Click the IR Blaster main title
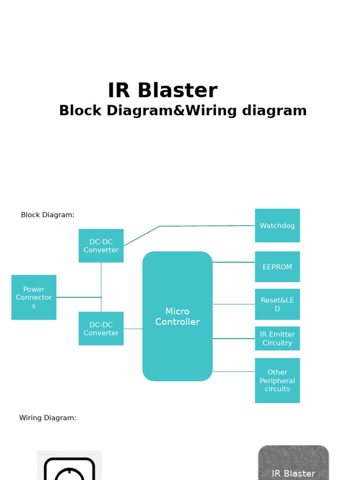[x=162, y=90]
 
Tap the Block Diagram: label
[x=47, y=215]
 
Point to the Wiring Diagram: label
[x=47, y=418]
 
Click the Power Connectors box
[x=34, y=297]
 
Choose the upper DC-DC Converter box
[x=101, y=246]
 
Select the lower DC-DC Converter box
[x=101, y=329]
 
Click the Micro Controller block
[x=177, y=316]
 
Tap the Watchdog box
[x=277, y=225]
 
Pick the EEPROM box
[x=277, y=267]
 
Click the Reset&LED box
[x=277, y=304]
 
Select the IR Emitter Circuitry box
[x=277, y=338]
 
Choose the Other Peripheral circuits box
[x=277, y=380]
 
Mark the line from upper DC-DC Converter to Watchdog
[x=206, y=226]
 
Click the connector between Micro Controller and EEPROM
[x=233, y=262]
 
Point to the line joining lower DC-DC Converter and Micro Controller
[x=133, y=329]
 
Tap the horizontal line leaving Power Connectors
[x=78, y=297]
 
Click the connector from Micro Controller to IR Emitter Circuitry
[x=233, y=338]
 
